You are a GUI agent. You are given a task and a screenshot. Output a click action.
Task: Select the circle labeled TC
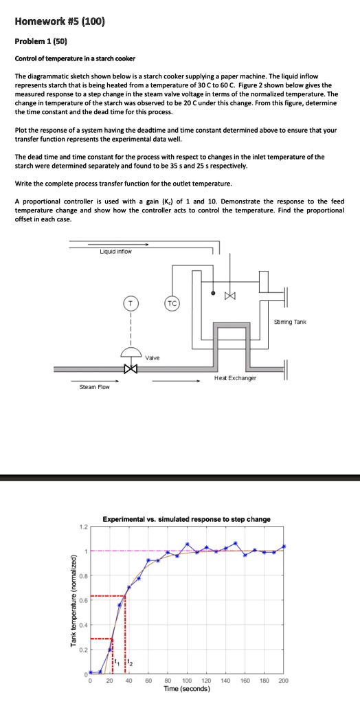pos(171,302)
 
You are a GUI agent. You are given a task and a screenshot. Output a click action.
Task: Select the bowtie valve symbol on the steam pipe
pos(131,368)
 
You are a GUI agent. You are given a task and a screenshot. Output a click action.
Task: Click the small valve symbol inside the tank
pos(229,295)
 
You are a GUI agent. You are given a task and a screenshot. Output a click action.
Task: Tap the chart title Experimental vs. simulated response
pos(186,519)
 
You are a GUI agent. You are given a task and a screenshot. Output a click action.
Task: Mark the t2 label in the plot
pos(131,663)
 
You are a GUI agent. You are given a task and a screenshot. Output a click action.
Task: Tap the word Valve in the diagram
pos(153,357)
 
